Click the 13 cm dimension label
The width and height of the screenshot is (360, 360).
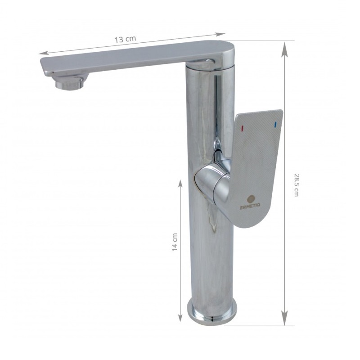[125, 39]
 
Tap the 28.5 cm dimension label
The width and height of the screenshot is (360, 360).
[297, 185]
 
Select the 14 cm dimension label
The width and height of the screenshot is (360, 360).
[175, 242]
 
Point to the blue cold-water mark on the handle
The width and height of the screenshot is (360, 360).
[275, 124]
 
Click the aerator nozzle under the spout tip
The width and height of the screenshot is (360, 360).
[69, 83]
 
